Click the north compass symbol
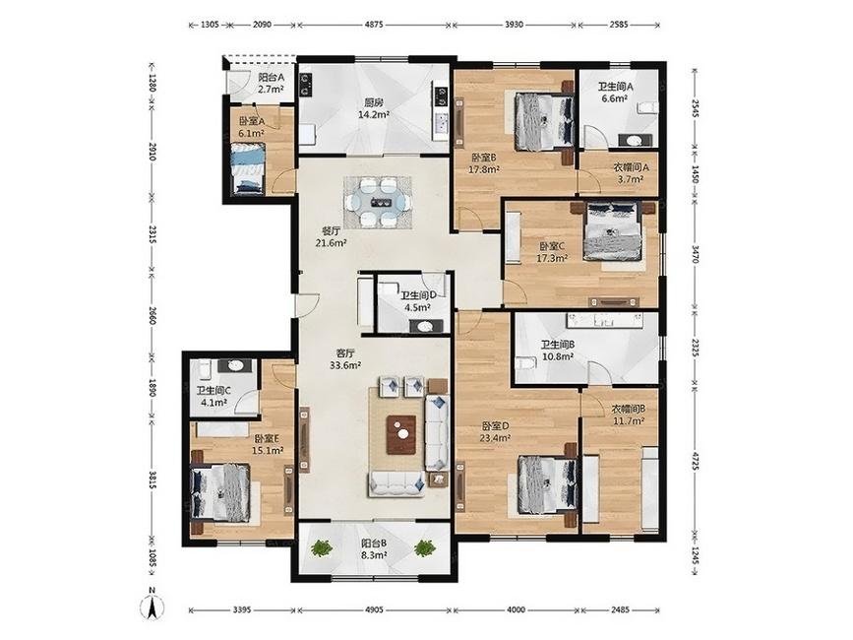pos(152,605)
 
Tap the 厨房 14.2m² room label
pos(373,108)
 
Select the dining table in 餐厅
pos(379,202)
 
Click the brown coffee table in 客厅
pos(401,434)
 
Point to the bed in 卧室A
pos(248,168)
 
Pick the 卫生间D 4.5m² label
pos(418,301)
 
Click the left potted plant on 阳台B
pos(323,548)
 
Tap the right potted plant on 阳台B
pos(424,548)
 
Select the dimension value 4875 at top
pos(374,25)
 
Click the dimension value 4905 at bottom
pos(374,609)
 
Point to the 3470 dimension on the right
pos(695,254)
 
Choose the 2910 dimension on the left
pos(152,152)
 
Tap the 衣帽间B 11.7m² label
pos(629,415)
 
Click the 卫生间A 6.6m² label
pos(615,92)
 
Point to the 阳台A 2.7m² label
pos(271,84)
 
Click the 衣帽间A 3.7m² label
pos(631,173)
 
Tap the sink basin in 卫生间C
pos(235,365)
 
